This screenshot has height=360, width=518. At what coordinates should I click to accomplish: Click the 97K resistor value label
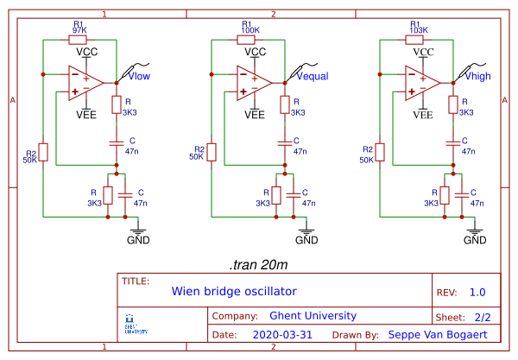(x=79, y=29)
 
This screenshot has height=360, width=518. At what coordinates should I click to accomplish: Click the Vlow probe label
(x=139, y=76)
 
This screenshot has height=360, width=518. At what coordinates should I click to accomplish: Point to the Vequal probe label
(x=313, y=76)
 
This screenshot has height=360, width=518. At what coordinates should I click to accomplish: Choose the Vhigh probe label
(x=480, y=76)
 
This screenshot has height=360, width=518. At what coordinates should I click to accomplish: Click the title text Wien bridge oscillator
(x=233, y=291)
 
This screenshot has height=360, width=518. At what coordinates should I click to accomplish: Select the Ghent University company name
(x=313, y=315)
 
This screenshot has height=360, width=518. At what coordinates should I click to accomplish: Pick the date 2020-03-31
(x=283, y=334)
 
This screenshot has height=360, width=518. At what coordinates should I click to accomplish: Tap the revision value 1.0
(x=477, y=292)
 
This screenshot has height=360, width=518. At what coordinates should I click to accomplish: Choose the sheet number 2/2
(x=482, y=317)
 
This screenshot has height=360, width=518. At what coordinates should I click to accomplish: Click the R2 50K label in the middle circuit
(x=198, y=152)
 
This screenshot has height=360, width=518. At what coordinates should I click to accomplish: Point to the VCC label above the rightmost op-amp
(x=423, y=53)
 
